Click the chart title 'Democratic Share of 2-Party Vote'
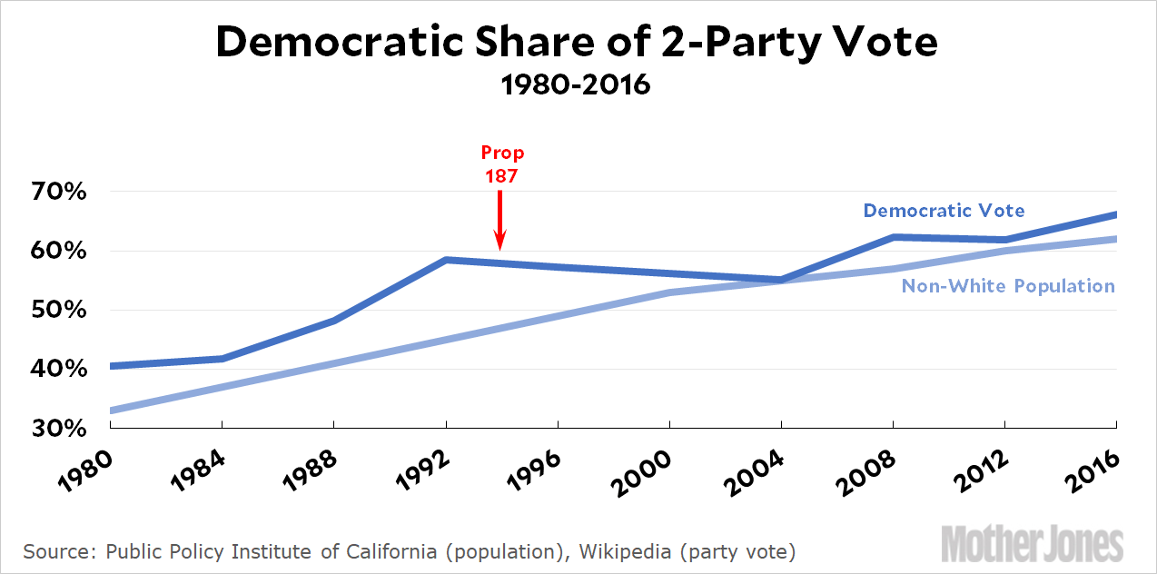[578, 43]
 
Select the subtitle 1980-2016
[578, 86]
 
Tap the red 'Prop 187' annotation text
[502, 164]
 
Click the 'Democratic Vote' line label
[944, 211]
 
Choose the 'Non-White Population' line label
[1008, 286]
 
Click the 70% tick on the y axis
[61, 193]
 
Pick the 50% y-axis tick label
[61, 311]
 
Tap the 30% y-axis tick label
[61, 429]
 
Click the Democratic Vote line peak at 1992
[446, 260]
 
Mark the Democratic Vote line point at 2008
[895, 237]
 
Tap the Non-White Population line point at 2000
[670, 292]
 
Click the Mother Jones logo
[1032, 543]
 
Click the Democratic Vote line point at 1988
[334, 321]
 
